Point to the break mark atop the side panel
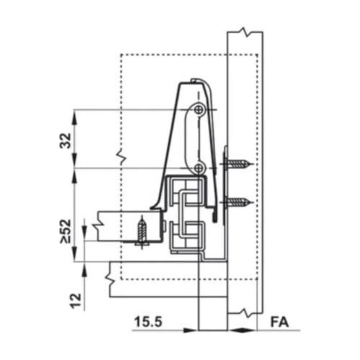pos(245,33)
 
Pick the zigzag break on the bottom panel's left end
pos(109,273)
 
